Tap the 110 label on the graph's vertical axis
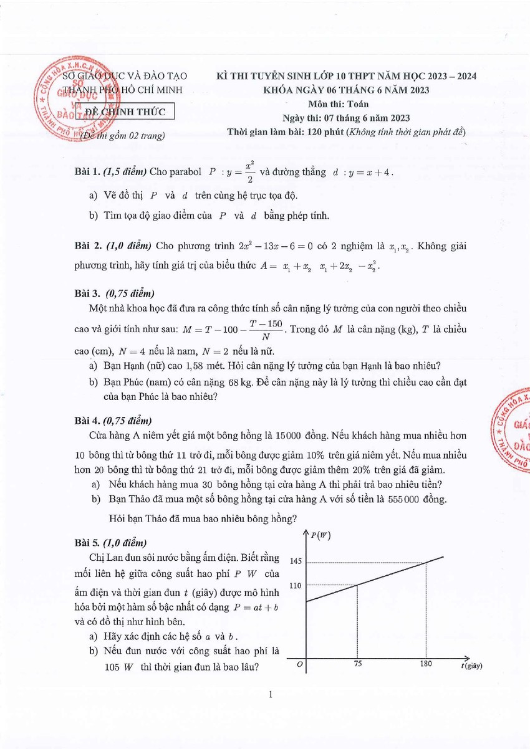click(296, 585)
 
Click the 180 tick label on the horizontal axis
click(426, 664)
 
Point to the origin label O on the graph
click(300, 665)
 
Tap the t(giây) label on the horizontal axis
click(472, 666)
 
